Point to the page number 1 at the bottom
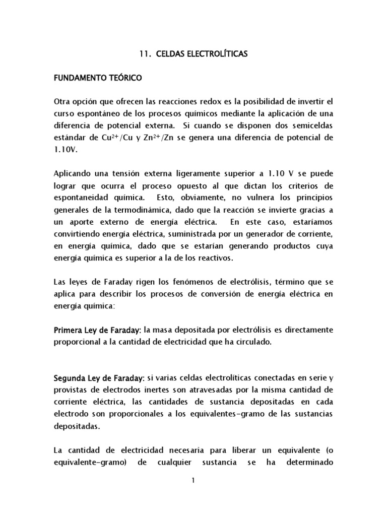193,480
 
